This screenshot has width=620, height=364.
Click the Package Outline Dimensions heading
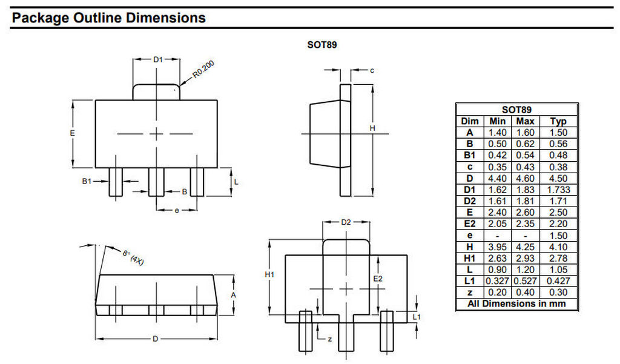(x=109, y=18)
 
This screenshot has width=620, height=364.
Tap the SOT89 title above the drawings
(x=322, y=45)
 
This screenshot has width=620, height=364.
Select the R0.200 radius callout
(x=203, y=69)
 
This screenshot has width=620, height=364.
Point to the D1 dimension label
(x=158, y=59)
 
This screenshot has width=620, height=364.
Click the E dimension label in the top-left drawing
(x=73, y=133)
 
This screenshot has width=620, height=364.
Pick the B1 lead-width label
(x=87, y=181)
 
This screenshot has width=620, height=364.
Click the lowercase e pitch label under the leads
(x=177, y=210)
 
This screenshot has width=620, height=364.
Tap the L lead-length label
(x=236, y=182)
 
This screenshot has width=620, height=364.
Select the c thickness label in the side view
(x=372, y=70)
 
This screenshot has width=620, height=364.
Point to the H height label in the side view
(x=372, y=128)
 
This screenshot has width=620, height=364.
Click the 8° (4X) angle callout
(x=133, y=257)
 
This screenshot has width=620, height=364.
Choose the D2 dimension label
(x=346, y=222)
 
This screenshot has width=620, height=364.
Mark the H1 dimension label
(x=269, y=274)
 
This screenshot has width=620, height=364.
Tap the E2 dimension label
(x=378, y=279)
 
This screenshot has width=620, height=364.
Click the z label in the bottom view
(x=330, y=339)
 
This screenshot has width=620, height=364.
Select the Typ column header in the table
(x=558, y=121)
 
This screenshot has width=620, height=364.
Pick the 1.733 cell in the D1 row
(x=558, y=190)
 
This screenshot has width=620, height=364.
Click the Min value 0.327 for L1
(x=498, y=281)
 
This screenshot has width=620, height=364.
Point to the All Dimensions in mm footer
(x=516, y=304)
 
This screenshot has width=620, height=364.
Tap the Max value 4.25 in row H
(x=525, y=247)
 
